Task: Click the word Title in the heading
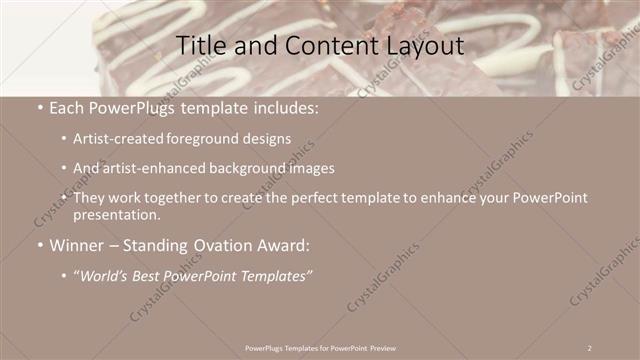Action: point(200,46)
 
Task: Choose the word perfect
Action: point(327,199)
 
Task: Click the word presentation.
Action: point(116,215)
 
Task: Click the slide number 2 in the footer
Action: point(590,347)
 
